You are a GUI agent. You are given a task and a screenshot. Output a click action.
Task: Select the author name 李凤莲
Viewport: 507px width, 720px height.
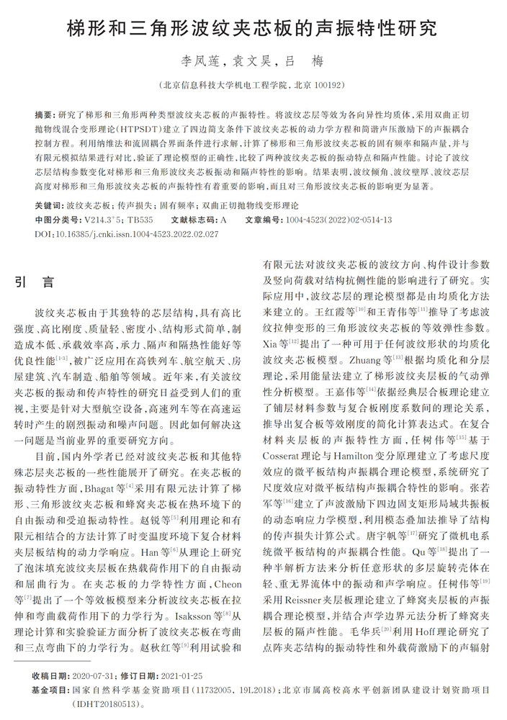click(197, 61)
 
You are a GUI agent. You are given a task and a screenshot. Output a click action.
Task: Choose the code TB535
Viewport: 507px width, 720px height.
click(140, 219)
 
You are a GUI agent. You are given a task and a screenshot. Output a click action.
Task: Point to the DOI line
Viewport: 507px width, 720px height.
click(127, 234)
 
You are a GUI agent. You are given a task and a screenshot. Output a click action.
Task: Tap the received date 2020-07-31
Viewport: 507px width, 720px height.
click(88, 676)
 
